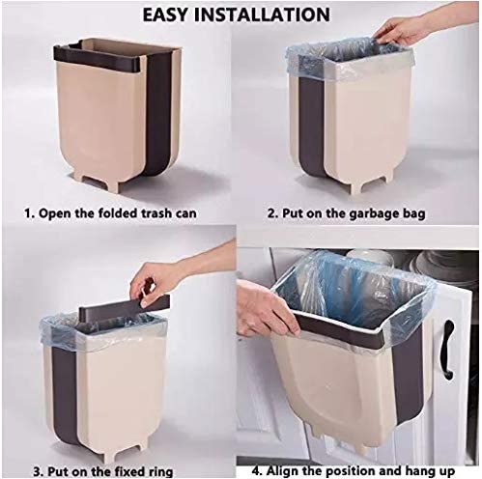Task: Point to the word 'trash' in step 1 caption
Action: click(171, 209)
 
